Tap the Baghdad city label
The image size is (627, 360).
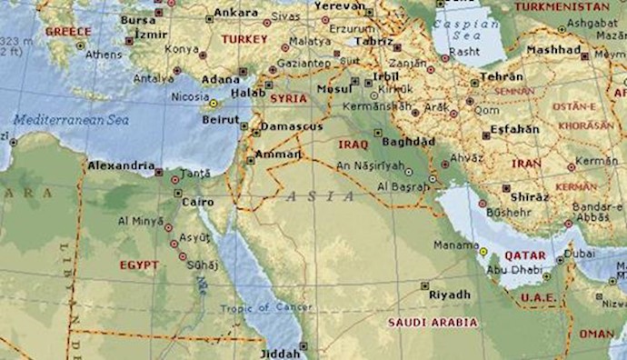404,143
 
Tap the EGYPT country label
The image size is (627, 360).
139,265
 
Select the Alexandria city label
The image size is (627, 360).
120,165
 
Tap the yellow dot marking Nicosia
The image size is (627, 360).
213,104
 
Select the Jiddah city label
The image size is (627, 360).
279,353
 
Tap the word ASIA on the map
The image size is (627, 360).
308,195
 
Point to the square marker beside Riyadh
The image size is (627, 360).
425,285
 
